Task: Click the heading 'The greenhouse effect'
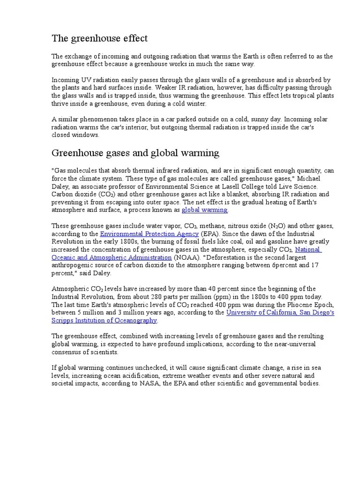(99, 38)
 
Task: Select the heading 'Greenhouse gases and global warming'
(135, 153)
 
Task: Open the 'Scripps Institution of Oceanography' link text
(104, 320)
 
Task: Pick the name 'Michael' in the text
(321, 179)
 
